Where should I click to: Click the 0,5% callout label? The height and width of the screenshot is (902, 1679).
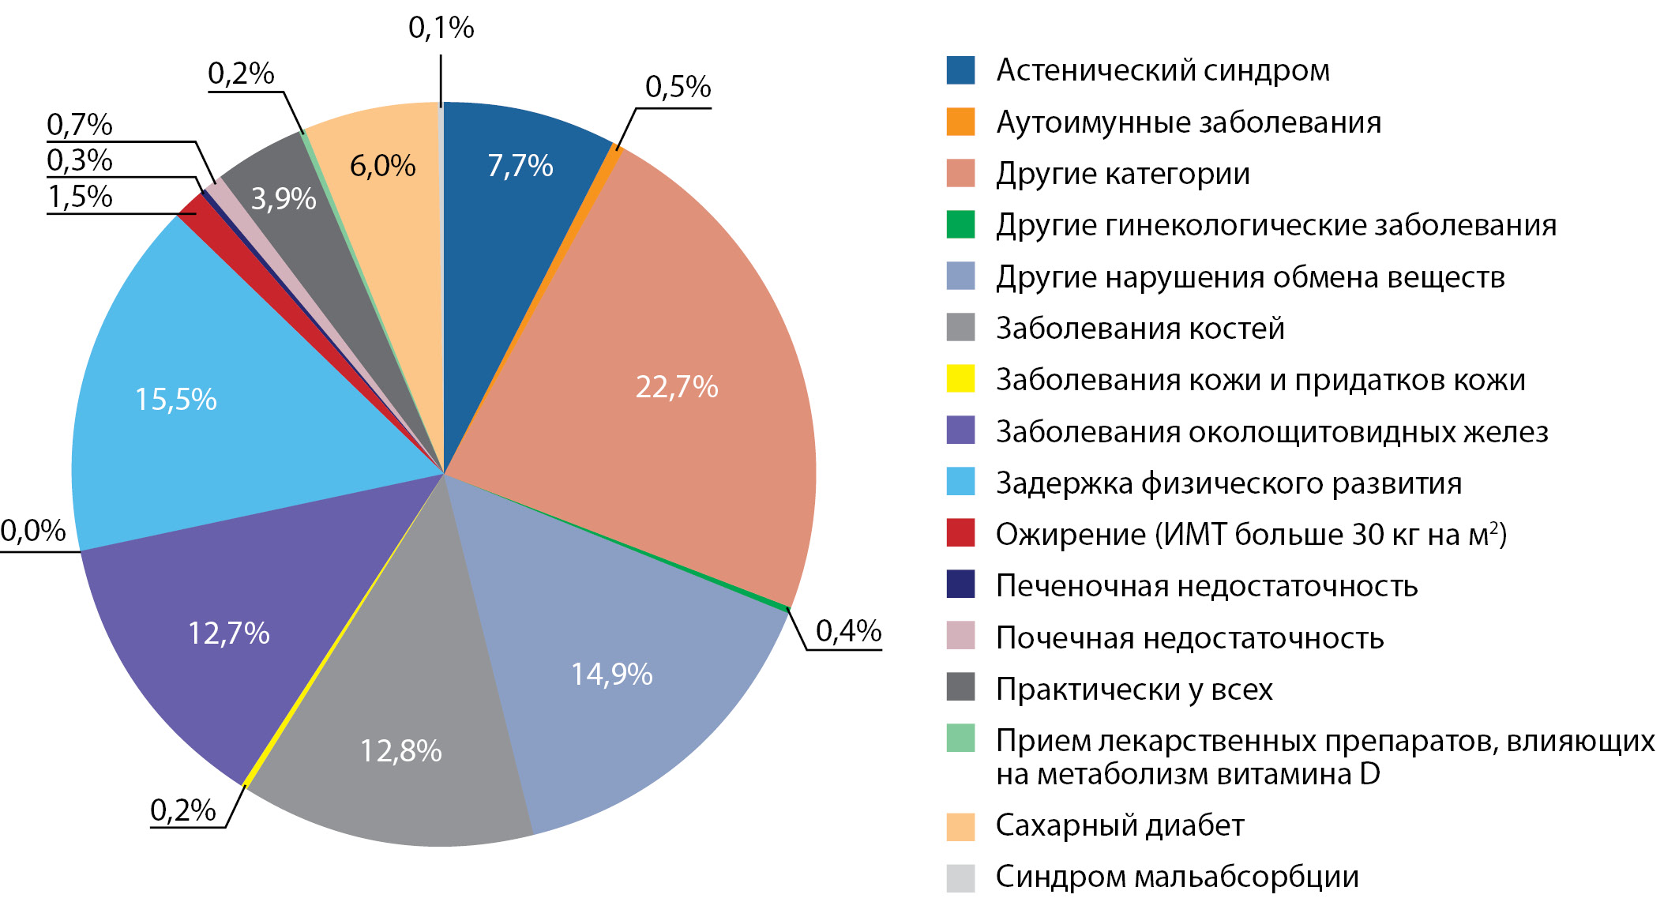point(678,87)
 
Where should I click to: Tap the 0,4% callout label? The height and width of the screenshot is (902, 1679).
point(848,630)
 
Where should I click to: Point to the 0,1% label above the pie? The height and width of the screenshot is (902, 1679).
point(441,28)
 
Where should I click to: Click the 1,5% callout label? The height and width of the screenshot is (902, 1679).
point(80,197)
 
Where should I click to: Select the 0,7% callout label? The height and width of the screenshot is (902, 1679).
point(80,125)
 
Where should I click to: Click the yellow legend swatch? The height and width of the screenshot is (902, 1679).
point(960,378)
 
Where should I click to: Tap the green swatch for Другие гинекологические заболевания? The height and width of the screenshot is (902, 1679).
point(960,224)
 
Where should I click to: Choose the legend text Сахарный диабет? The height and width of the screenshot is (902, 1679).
point(1119,825)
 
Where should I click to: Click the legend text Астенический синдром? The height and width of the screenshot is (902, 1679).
point(1163,70)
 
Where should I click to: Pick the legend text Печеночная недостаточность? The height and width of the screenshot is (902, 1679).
point(1206,586)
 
